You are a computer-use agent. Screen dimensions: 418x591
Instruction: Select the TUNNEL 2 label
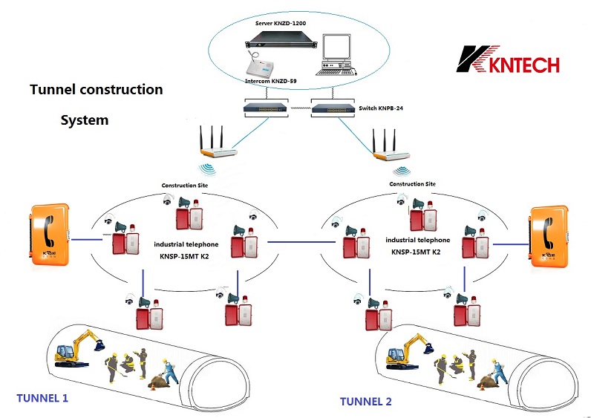pyautogui.click(x=366, y=402)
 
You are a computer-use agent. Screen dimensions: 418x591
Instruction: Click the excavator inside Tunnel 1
pyautogui.click(x=76, y=349)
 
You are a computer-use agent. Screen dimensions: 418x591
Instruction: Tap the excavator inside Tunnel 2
pyautogui.click(x=405, y=353)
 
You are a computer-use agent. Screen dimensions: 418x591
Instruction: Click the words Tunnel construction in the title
pyautogui.click(x=96, y=90)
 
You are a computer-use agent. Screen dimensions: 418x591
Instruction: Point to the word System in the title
pyautogui.click(x=84, y=120)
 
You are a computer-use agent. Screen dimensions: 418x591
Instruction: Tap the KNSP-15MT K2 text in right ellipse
pyautogui.click(x=418, y=252)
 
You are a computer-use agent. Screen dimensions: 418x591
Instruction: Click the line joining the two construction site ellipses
pyautogui.click(x=293, y=242)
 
